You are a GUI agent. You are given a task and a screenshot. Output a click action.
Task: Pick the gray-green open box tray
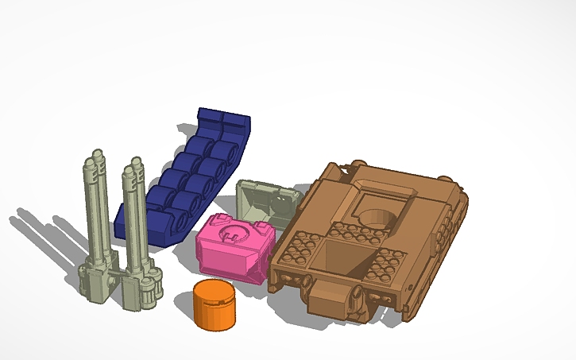265,202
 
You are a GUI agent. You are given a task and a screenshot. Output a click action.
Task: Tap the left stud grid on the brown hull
299,254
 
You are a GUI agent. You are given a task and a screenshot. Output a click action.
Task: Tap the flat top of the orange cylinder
214,292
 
